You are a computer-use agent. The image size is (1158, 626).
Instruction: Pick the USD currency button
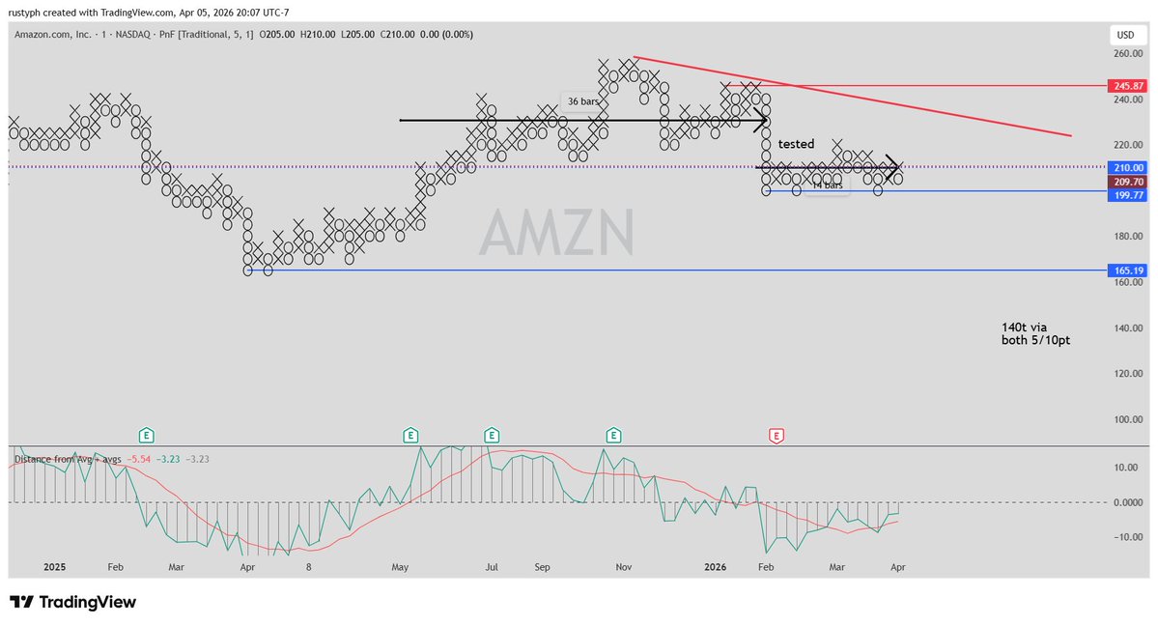click(x=1125, y=34)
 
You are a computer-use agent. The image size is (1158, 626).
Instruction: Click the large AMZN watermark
click(x=557, y=233)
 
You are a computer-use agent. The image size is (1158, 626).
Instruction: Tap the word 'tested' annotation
click(x=796, y=144)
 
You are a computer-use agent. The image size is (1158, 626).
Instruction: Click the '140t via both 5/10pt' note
click(x=1035, y=333)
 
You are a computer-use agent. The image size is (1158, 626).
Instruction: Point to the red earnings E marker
click(x=776, y=436)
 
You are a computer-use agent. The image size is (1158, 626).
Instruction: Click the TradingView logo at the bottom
click(x=73, y=603)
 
